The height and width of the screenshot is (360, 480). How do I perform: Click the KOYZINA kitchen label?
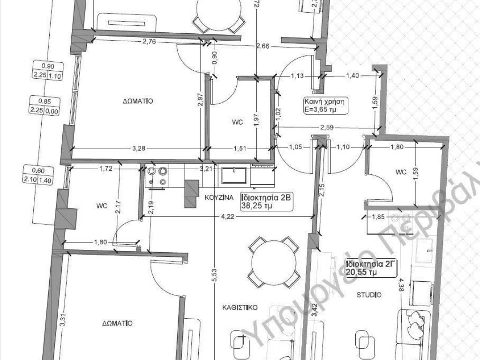point(218,198)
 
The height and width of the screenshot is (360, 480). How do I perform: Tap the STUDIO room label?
point(369,295)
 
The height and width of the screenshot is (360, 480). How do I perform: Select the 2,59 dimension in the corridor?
point(327,127)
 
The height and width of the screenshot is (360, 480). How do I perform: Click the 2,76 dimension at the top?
point(149,42)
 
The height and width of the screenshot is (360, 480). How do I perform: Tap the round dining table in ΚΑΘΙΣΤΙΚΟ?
point(274,262)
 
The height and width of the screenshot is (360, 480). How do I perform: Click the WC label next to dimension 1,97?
point(238,122)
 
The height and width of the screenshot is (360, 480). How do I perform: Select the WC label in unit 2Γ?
point(400,172)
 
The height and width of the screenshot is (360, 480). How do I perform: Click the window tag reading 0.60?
point(43,171)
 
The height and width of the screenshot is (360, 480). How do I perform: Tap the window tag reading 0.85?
point(43,100)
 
